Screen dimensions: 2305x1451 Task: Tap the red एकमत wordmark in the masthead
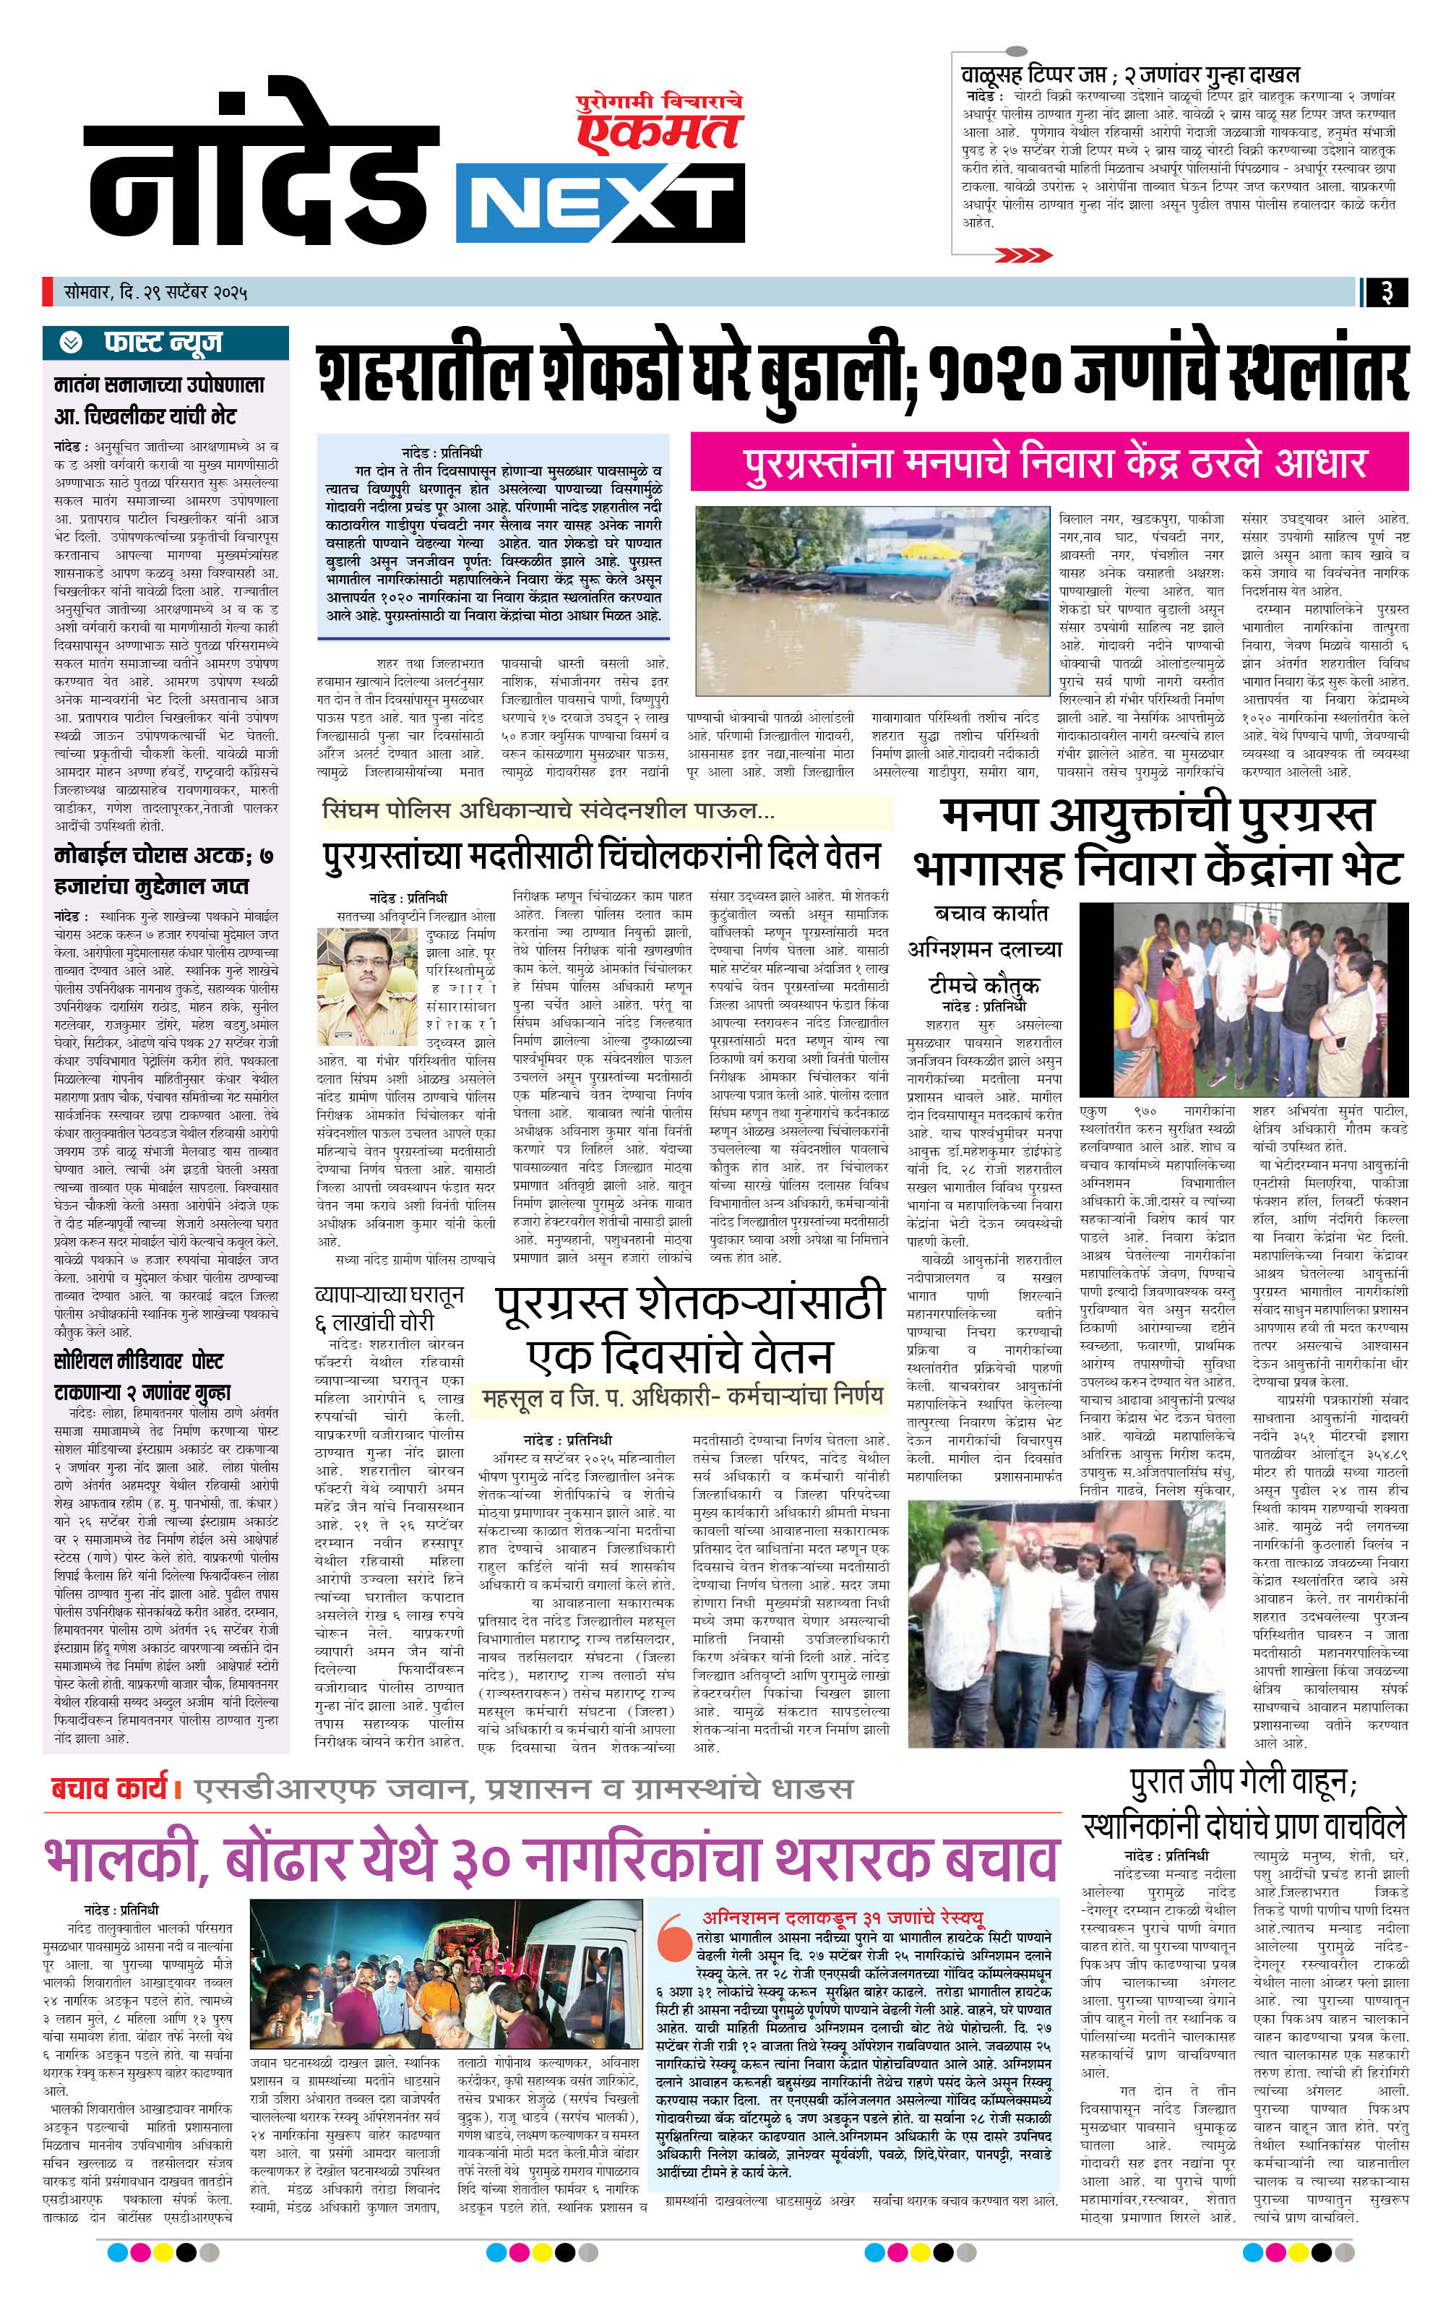pyautogui.click(x=660, y=129)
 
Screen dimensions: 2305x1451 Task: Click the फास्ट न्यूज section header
pyautogui.click(x=165, y=343)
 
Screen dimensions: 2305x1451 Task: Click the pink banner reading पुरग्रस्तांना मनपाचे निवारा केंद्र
pyautogui.click(x=1049, y=463)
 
